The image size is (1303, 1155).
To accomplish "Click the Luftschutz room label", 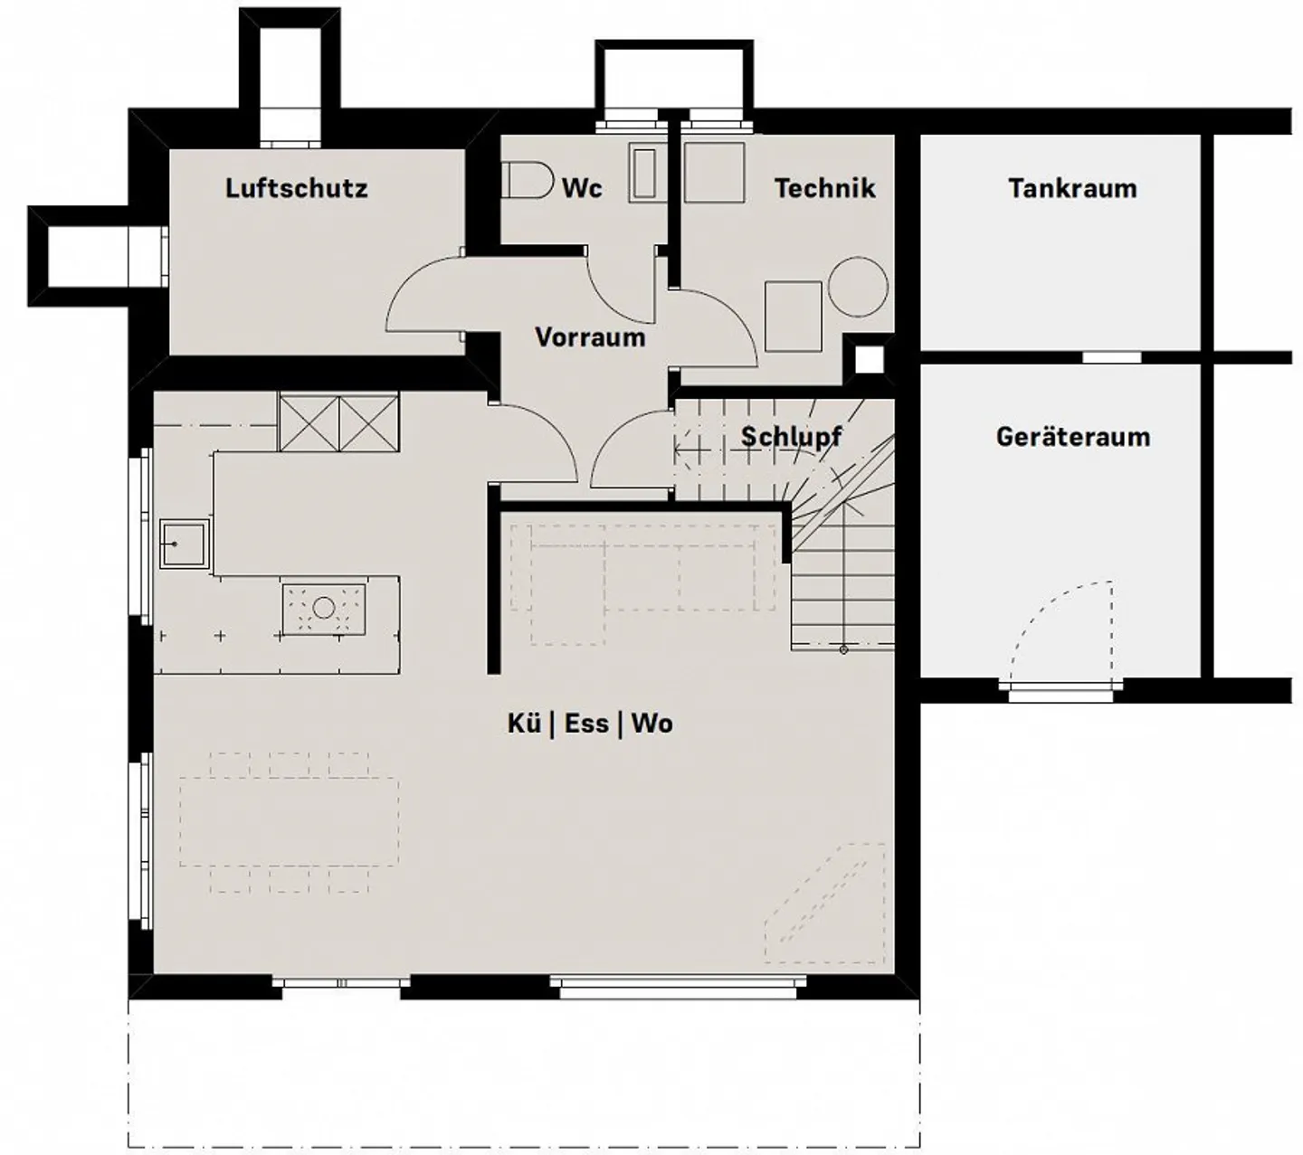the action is (297, 188).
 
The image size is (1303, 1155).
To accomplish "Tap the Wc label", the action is (582, 188).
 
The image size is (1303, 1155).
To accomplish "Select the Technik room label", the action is (824, 188).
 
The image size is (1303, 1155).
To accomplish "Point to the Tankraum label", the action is (1072, 188).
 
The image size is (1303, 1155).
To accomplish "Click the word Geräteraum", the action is (1073, 437).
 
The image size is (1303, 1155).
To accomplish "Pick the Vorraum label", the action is (590, 337).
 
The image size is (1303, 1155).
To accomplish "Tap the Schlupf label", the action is (791, 437).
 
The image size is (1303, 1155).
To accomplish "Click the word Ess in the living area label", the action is (586, 724).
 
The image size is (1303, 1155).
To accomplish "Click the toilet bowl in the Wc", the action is (528, 180).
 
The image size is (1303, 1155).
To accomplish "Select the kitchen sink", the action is (185, 544).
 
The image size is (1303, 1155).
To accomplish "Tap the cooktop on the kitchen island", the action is (324, 610).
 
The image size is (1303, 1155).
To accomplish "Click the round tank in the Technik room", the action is (858, 287).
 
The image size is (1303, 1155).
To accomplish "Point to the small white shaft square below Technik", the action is (870, 361).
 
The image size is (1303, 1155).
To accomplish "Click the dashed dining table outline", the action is (289, 822).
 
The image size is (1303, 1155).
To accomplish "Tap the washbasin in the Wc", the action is (643, 173).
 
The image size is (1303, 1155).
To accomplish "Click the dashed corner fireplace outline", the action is (825, 903).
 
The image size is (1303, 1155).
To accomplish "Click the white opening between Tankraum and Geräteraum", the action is (1111, 357).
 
